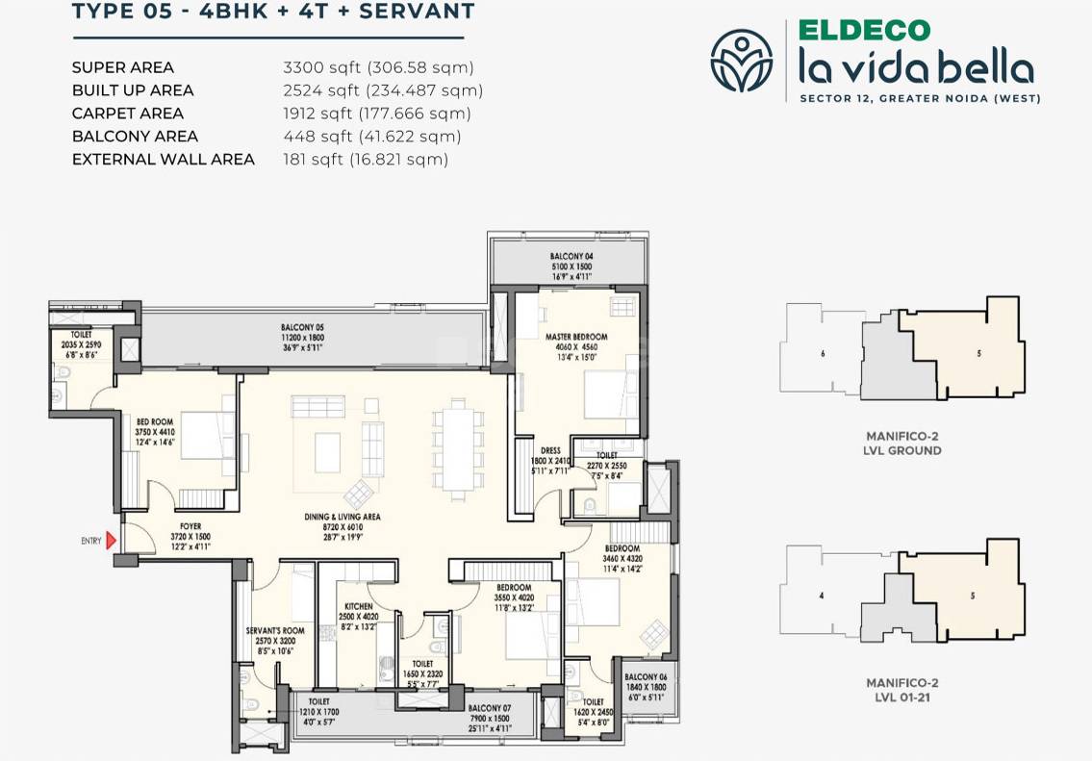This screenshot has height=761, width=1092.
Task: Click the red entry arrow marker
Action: pyautogui.click(x=111, y=541)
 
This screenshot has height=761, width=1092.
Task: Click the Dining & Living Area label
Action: pyautogui.click(x=343, y=517)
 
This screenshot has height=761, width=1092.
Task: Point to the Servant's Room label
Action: pyautogui.click(x=275, y=631)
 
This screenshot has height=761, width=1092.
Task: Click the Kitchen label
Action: pyautogui.click(x=358, y=607)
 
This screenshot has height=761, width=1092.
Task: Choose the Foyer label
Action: pyautogui.click(x=190, y=526)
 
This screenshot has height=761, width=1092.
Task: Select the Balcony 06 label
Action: pyautogui.click(x=644, y=676)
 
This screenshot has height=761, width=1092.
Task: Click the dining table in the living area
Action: pyautogui.click(x=451, y=447)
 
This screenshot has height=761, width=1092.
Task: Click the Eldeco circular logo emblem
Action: pyautogui.click(x=741, y=60)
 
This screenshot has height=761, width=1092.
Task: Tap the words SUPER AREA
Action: pyautogui.click(x=123, y=67)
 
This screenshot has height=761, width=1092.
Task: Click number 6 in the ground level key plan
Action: pyautogui.click(x=823, y=353)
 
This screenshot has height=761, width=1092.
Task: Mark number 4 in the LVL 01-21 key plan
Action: pyautogui.click(x=821, y=596)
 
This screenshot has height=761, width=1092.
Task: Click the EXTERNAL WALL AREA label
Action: pyautogui.click(x=164, y=160)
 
